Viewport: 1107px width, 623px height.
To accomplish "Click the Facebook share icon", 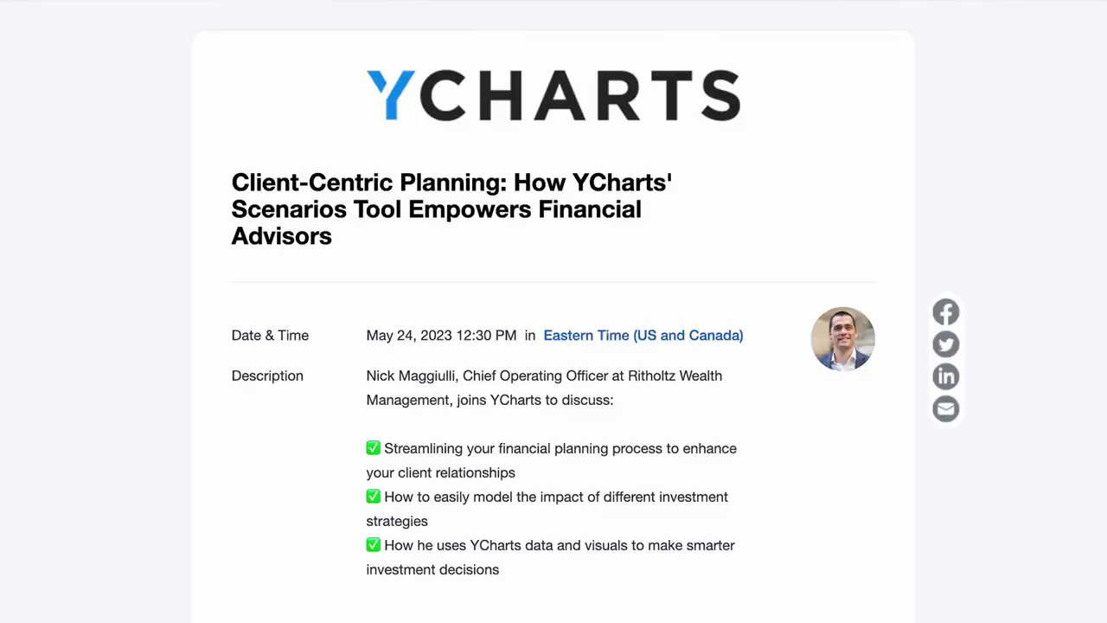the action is tap(946, 312).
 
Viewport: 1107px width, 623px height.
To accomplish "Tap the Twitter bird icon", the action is tap(946, 344).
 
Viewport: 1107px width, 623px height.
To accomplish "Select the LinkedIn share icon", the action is tap(946, 376).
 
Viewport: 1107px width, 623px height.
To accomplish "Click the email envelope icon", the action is tap(946, 409).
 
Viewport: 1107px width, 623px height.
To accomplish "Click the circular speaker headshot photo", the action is tap(842, 338).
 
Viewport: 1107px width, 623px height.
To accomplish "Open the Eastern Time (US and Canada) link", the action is tap(643, 335).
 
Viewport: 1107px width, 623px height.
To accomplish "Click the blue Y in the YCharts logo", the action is tap(391, 95).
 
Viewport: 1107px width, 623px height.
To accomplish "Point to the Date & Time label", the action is tap(270, 335).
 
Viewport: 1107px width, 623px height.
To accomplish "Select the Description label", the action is tap(267, 376).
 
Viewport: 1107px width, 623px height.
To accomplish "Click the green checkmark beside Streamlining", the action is tap(373, 448).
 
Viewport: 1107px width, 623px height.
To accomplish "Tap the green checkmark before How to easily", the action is tap(373, 497).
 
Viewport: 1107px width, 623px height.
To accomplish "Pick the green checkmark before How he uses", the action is tap(373, 545).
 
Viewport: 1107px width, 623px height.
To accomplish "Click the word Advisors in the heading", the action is tap(282, 236).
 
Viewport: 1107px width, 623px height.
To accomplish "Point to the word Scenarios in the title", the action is tap(289, 209).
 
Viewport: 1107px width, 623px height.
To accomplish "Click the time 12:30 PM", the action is tap(486, 335).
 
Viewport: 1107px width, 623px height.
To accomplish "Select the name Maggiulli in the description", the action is tap(428, 376).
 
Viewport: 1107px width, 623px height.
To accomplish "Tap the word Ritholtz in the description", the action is tap(651, 376).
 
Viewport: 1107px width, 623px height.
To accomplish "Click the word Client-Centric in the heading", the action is tap(312, 183).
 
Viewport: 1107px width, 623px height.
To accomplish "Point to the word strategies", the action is tap(397, 522).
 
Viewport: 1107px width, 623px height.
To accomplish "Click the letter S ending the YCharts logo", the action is tap(721, 95).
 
